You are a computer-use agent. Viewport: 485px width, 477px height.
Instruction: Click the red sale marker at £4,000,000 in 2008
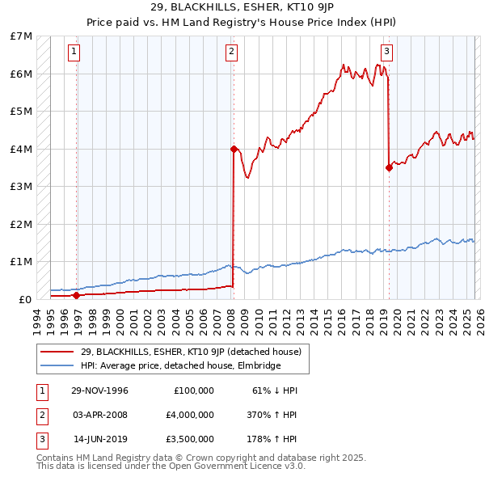coord(234,149)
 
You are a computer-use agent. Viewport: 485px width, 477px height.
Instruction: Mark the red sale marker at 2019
coord(389,168)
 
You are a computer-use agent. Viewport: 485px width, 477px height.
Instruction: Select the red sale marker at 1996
coord(77,295)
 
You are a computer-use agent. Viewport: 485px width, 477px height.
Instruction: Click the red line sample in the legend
coord(58,352)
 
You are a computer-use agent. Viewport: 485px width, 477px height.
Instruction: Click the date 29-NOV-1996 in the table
coord(99,390)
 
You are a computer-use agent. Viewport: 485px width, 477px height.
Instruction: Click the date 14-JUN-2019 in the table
coord(99,439)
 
